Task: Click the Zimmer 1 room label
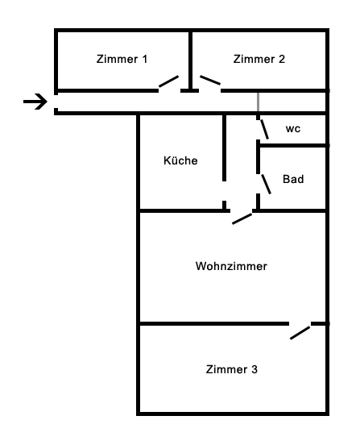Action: (122, 59)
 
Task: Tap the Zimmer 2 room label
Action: (259, 59)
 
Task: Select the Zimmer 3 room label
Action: (232, 369)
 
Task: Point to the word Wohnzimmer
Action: (231, 266)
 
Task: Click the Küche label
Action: (180, 160)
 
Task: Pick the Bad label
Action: (293, 179)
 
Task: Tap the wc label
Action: (293, 129)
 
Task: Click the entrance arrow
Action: (35, 102)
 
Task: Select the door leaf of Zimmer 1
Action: (168, 81)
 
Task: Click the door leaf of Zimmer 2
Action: (210, 80)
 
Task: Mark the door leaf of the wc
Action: (264, 129)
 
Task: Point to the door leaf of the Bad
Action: (266, 184)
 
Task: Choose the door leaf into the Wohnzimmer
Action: (242, 218)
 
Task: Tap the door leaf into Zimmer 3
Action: (300, 333)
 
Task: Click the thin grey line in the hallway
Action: (258, 102)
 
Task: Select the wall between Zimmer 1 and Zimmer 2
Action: (191, 60)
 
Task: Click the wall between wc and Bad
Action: (293, 146)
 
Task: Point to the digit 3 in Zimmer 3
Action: (254, 369)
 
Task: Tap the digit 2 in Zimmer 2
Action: (282, 59)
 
